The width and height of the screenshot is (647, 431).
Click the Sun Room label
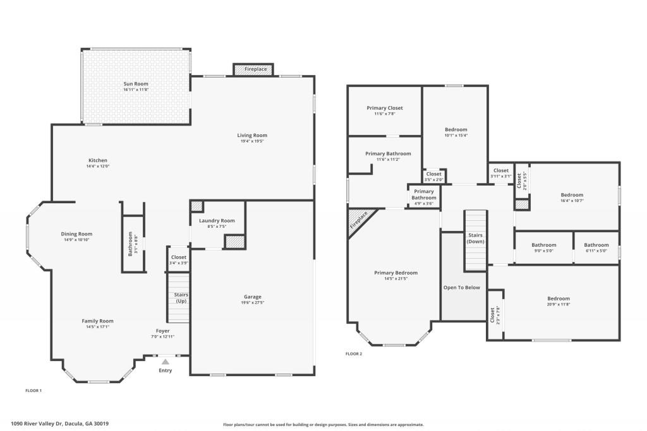(136, 84)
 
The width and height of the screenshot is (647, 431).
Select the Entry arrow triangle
(165, 362)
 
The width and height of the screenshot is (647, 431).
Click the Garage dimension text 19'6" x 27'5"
(252, 303)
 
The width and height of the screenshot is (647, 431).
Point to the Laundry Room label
(217, 220)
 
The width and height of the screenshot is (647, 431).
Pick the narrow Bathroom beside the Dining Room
(132, 244)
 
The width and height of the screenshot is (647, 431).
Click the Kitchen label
(98, 160)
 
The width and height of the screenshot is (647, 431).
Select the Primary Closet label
(384, 108)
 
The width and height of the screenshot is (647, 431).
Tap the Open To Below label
(461, 288)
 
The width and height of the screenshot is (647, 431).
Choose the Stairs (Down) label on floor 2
(475, 238)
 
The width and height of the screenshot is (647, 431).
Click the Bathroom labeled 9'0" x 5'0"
(543, 245)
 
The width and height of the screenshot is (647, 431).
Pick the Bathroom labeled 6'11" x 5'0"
(596, 245)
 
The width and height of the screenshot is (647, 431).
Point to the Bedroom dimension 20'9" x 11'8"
(558, 305)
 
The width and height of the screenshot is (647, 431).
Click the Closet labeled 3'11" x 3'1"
(500, 170)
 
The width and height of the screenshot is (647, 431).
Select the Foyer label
(163, 331)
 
